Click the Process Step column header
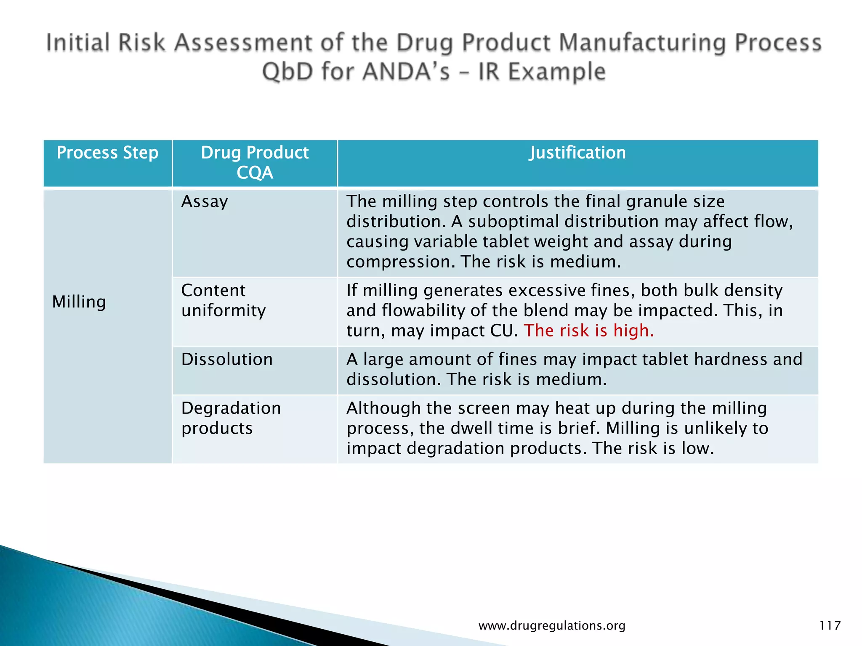pyautogui.click(x=108, y=153)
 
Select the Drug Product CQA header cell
pyautogui.click(x=255, y=163)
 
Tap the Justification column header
pyautogui.click(x=577, y=153)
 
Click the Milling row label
pyautogui.click(x=79, y=302)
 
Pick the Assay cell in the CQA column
pyautogui.click(x=205, y=202)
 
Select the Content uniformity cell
pyautogui.click(x=223, y=300)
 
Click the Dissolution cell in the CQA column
pyautogui.click(x=227, y=360)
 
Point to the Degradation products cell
pyautogui.click(x=231, y=418)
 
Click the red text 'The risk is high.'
pyautogui.click(x=588, y=331)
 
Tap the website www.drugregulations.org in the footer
pyautogui.click(x=552, y=625)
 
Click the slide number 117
pyautogui.click(x=830, y=625)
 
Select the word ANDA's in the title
pyautogui.click(x=406, y=71)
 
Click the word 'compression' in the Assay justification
pyautogui.click(x=400, y=262)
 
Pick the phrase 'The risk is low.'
pyautogui.click(x=653, y=448)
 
